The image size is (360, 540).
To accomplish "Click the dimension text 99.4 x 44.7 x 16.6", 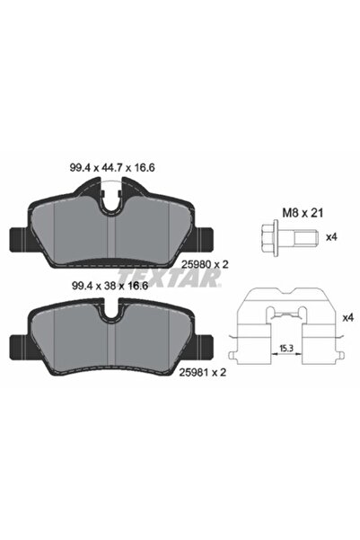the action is click(112, 168).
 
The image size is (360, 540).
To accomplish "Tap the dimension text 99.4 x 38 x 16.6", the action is click(110, 286).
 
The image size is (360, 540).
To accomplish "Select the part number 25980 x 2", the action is click(205, 264).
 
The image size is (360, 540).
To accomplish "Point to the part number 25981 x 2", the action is click(203, 372).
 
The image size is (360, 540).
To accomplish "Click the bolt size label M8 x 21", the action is click(303, 213).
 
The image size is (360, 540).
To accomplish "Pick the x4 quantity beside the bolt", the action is click(331, 237).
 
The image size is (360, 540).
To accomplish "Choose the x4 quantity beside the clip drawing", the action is click(348, 317).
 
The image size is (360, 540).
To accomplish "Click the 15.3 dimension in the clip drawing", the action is click(286, 349).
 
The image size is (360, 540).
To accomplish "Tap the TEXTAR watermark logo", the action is click(170, 278).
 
